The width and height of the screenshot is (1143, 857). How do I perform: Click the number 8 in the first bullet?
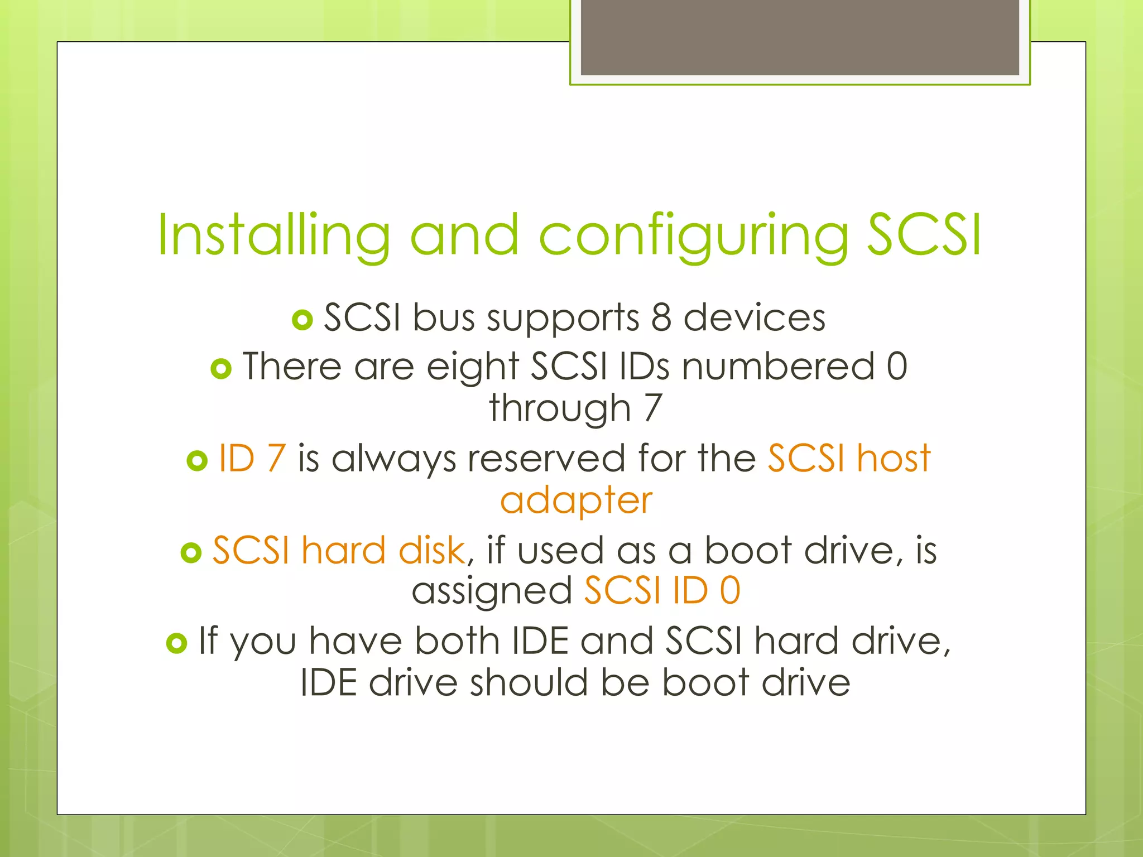pyautogui.click(x=661, y=318)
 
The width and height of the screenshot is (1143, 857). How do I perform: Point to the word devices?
pyautogui.click(x=755, y=318)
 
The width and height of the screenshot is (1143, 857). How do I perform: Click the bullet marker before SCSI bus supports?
pyautogui.click(x=302, y=320)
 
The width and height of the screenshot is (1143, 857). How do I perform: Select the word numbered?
pyautogui.click(x=778, y=367)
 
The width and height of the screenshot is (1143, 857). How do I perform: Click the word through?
pyautogui.click(x=560, y=408)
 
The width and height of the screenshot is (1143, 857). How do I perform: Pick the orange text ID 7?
pyautogui.click(x=252, y=459)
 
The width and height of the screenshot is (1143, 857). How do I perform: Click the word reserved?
pyautogui.click(x=546, y=459)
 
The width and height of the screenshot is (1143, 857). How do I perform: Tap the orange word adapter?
pyautogui.click(x=576, y=500)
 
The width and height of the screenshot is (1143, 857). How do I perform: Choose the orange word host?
pyautogui.click(x=894, y=459)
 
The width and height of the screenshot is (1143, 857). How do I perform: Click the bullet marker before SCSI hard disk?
pyautogui.click(x=191, y=552)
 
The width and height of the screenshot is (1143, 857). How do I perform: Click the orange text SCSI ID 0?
pyautogui.click(x=662, y=590)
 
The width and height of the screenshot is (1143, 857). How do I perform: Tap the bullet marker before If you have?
pyautogui.click(x=176, y=643)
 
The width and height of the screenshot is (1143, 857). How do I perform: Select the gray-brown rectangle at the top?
pyautogui.click(x=800, y=37)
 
